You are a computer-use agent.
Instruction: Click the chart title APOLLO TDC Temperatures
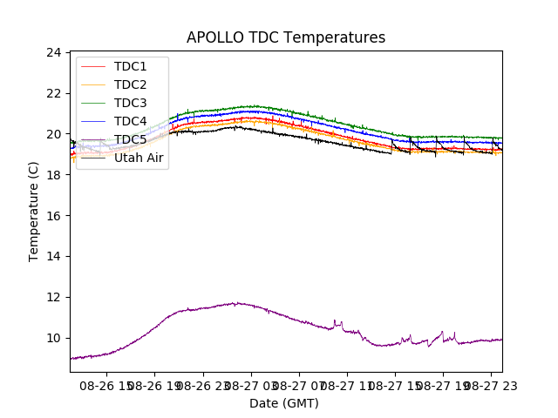click(x=285, y=37)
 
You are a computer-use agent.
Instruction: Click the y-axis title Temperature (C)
click(x=34, y=212)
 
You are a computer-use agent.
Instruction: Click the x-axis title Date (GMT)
click(x=284, y=403)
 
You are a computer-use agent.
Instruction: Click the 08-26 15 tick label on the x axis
click(x=105, y=384)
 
